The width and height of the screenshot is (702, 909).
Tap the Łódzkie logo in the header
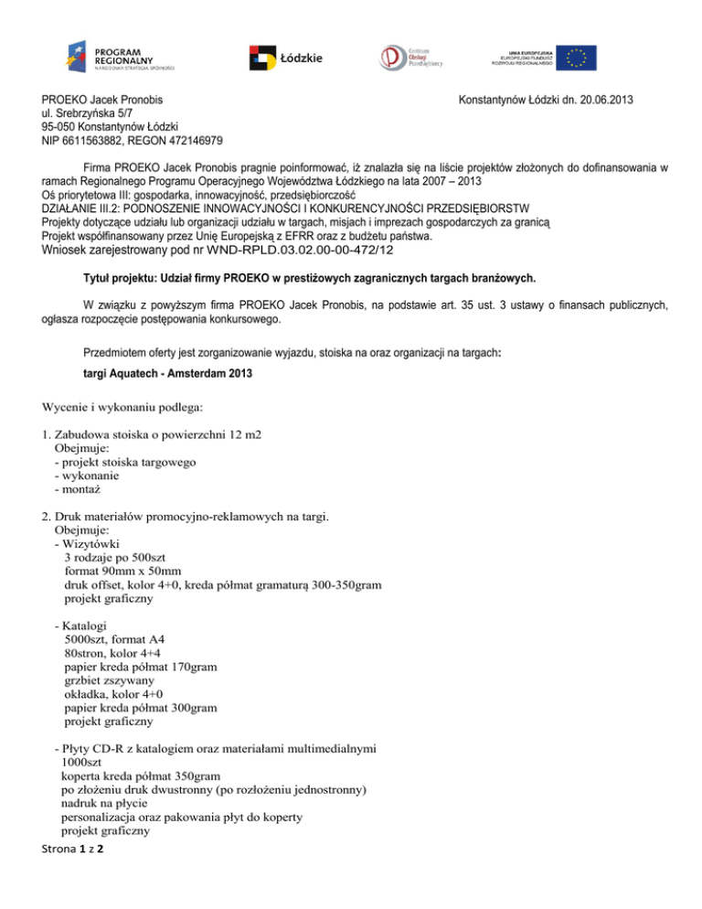click(x=286, y=59)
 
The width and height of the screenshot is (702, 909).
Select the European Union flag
click(x=579, y=58)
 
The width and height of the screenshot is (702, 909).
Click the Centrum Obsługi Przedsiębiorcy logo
click(x=410, y=59)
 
